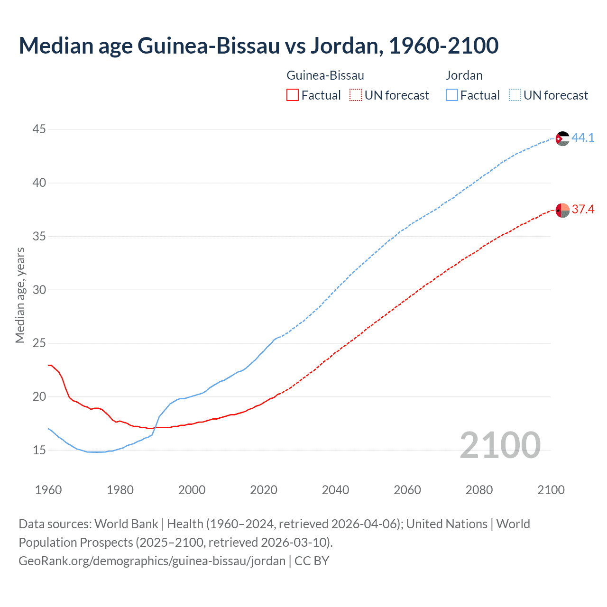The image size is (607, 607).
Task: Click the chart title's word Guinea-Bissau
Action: (x=209, y=46)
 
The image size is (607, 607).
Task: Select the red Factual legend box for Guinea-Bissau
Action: (x=293, y=95)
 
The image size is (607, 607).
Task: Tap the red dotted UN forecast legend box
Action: (x=356, y=95)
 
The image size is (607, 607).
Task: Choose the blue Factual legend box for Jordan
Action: (x=452, y=95)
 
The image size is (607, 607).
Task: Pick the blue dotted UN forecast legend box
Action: (x=515, y=95)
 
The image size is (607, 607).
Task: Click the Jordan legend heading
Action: (x=464, y=75)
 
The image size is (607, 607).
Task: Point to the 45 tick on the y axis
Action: (x=39, y=129)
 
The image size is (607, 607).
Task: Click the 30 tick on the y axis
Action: (x=39, y=289)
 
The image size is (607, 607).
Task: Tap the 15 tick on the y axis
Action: (x=39, y=450)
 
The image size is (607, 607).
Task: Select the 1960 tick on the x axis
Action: (x=48, y=490)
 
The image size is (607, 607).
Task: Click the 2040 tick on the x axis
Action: (x=335, y=490)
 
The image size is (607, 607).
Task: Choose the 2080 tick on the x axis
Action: (x=479, y=490)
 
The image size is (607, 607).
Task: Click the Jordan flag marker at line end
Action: (x=562, y=138)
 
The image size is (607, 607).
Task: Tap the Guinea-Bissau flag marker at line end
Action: (x=562, y=210)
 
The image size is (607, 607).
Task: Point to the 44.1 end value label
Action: (x=583, y=138)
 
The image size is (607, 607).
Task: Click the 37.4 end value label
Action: (x=583, y=209)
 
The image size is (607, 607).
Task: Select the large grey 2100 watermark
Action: (x=500, y=445)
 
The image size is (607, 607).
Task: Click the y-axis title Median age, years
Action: (x=20, y=295)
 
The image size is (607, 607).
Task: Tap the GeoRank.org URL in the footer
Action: (x=152, y=561)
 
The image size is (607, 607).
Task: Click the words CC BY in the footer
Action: (x=312, y=561)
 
